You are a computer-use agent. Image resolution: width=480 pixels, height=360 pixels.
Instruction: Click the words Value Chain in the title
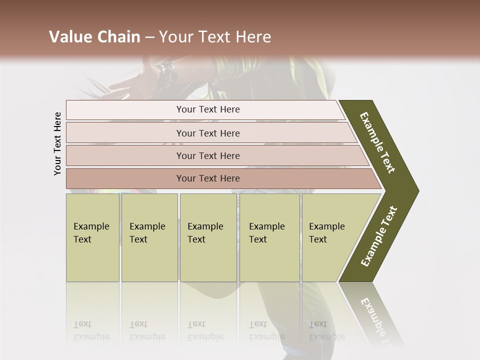coord(94,37)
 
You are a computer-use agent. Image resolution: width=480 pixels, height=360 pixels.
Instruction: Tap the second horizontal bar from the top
coord(207,133)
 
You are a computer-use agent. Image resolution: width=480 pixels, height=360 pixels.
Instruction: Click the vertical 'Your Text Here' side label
coord(57,143)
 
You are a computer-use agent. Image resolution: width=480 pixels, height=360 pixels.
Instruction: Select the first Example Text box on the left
coord(92,237)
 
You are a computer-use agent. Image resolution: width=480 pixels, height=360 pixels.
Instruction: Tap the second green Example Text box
coord(149,237)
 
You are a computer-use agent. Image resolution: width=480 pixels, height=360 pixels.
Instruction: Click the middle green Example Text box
coord(208,237)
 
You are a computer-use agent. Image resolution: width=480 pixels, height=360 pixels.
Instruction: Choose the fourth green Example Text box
coord(269,237)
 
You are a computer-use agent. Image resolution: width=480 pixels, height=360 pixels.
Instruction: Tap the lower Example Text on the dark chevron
coord(379,236)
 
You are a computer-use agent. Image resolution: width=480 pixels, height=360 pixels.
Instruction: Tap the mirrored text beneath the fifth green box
coord(326,330)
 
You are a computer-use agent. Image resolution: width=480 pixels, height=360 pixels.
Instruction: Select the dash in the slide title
coord(150,37)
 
